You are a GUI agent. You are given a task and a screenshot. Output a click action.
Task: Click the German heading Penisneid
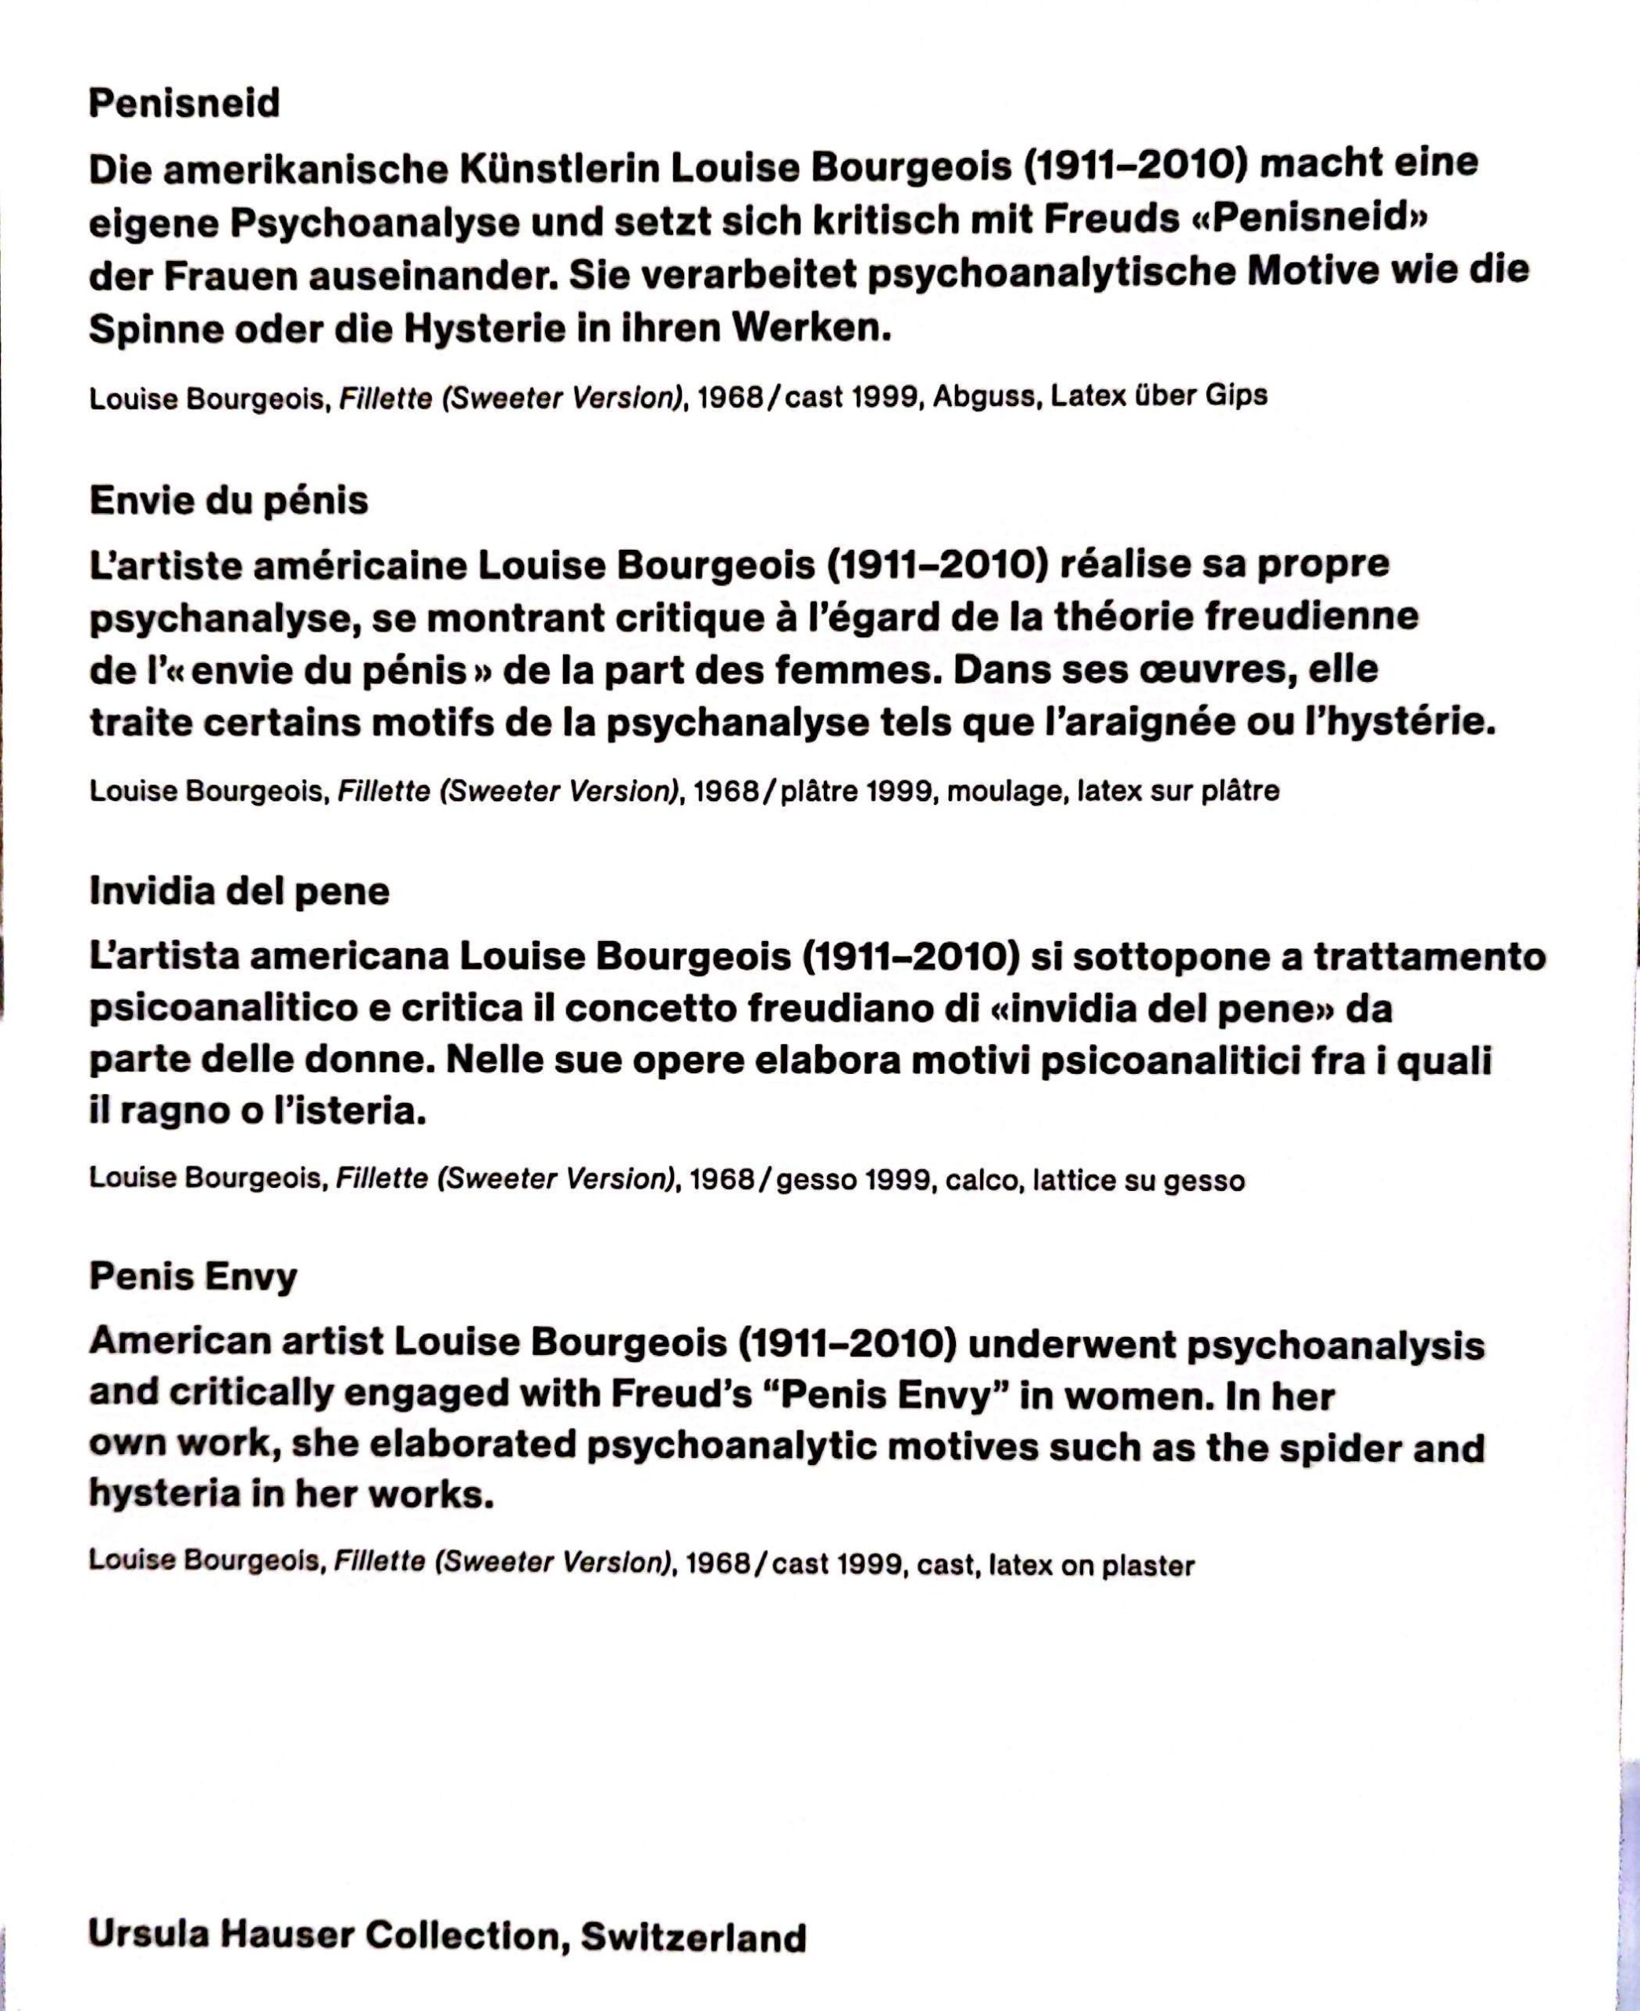point(185,103)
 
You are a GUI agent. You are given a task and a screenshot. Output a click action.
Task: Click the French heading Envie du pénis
point(229,500)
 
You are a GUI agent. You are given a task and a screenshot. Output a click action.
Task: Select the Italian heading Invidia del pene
point(239,891)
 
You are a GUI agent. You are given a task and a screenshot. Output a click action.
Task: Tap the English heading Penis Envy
point(192,1277)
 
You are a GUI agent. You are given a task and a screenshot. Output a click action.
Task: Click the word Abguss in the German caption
point(987,397)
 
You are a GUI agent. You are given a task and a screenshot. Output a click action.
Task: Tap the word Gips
point(1235,395)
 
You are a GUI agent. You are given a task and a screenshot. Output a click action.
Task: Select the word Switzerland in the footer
point(693,1936)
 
